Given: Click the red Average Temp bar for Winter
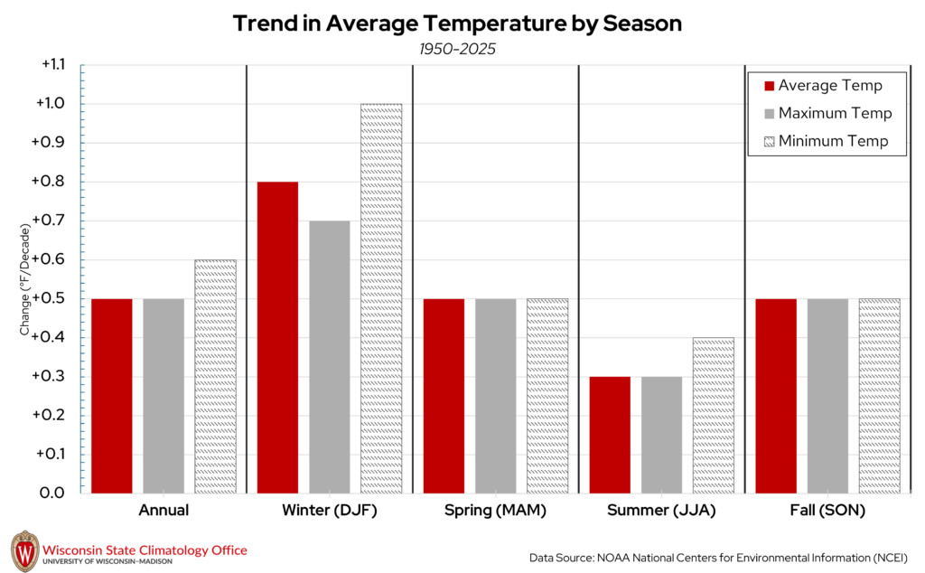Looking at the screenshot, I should [x=277, y=337].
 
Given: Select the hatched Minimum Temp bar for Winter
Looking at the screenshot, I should [x=381, y=298].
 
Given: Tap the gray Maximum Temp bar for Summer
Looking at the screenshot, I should [x=661, y=435].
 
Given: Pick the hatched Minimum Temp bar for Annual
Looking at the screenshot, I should [x=215, y=376].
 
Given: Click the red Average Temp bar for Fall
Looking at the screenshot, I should [x=776, y=395].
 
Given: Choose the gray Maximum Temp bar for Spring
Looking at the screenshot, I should [x=495, y=395].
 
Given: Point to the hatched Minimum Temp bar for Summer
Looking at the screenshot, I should [x=714, y=415].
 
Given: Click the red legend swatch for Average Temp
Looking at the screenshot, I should [x=770, y=86].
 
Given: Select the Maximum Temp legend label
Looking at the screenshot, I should [x=835, y=113].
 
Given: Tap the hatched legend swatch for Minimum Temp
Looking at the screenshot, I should [x=770, y=141].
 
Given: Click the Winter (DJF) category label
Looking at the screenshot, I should [x=329, y=511].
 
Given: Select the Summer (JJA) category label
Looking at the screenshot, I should [x=661, y=511].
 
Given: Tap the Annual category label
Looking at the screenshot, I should [x=164, y=511].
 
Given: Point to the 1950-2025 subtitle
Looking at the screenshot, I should [x=457, y=49].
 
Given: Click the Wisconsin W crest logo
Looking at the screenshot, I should [x=24, y=550].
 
